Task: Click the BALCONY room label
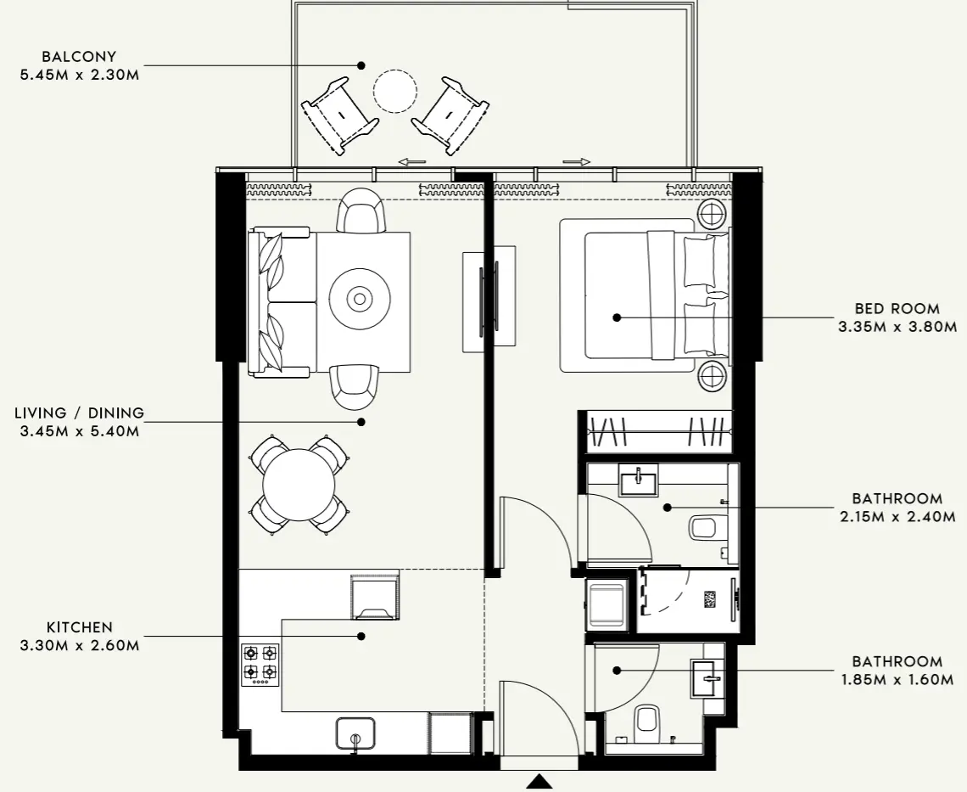pyautogui.click(x=78, y=57)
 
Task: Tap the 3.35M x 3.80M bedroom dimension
pyautogui.click(x=897, y=326)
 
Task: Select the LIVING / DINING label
pyautogui.click(x=79, y=413)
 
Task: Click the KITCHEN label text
pyautogui.click(x=79, y=627)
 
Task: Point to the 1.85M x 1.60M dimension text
pyautogui.click(x=897, y=679)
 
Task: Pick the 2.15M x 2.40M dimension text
pyautogui.click(x=897, y=516)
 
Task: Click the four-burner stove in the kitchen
pyautogui.click(x=260, y=664)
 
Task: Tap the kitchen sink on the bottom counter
pyautogui.click(x=355, y=733)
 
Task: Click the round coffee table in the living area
pyautogui.click(x=361, y=299)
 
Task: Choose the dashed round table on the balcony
pyautogui.click(x=395, y=91)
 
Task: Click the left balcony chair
pyautogui.click(x=339, y=115)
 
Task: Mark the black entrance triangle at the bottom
pyautogui.click(x=539, y=782)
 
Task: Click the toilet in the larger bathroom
pyautogui.click(x=705, y=529)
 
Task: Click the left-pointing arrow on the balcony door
pyautogui.click(x=411, y=161)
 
